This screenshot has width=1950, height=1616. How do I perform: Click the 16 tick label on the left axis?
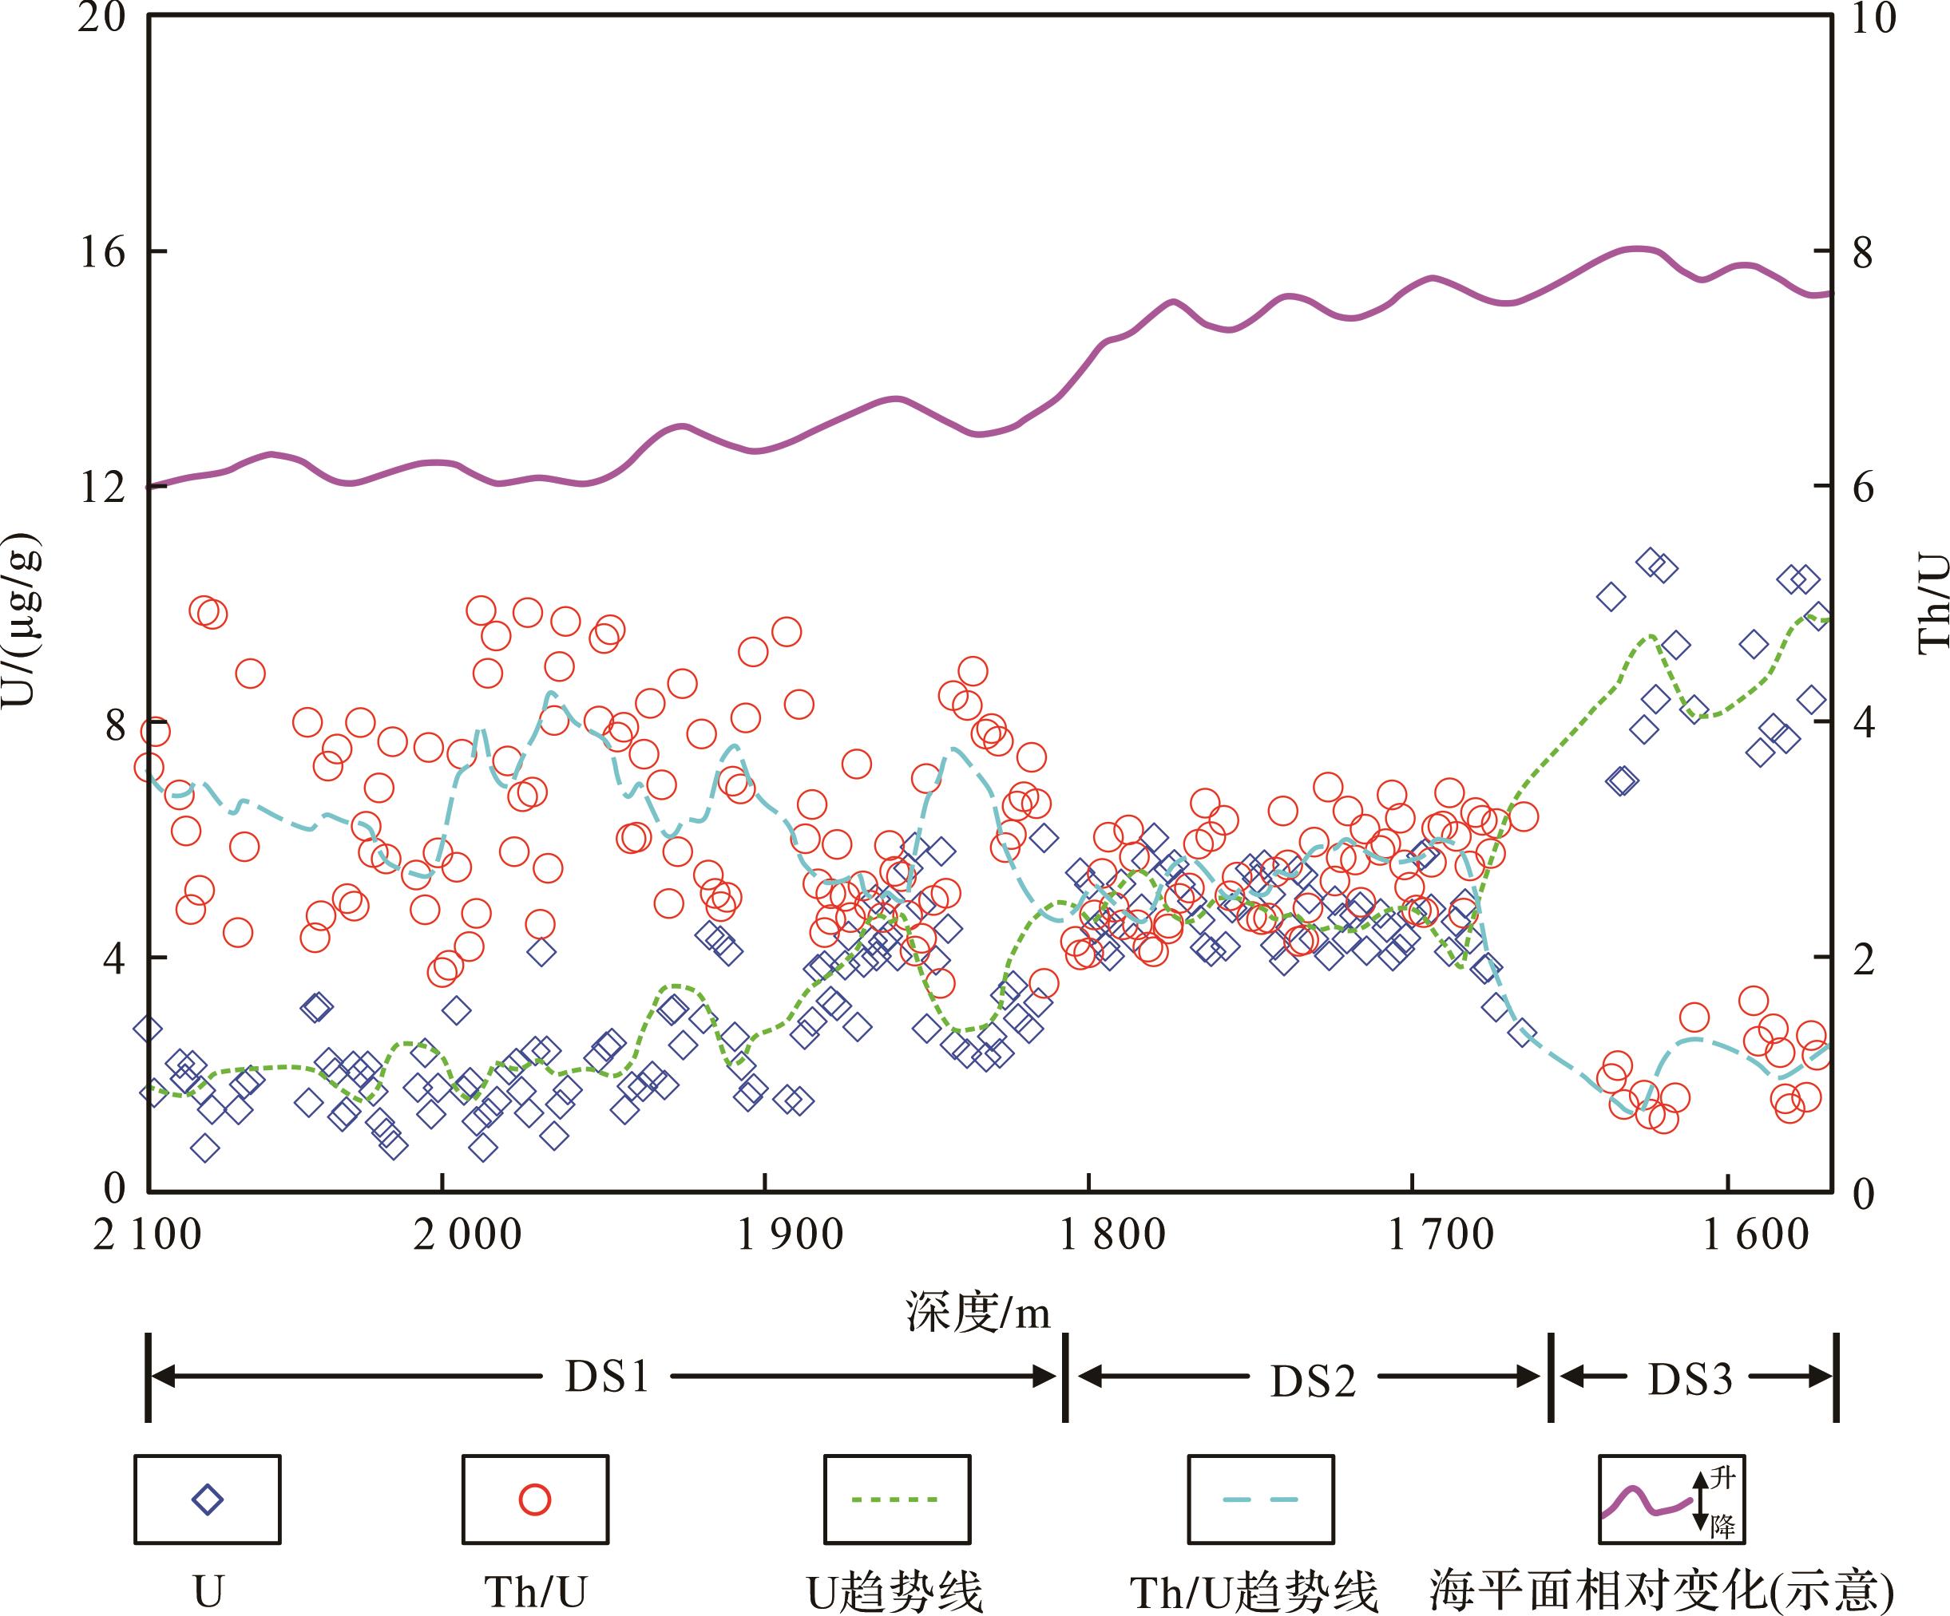click(101, 252)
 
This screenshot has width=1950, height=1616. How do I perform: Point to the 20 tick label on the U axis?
click(101, 18)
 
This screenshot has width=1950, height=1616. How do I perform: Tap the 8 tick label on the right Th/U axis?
click(1863, 255)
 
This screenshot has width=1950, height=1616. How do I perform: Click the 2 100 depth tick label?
click(148, 1235)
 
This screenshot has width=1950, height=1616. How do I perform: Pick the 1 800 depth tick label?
click(1112, 1235)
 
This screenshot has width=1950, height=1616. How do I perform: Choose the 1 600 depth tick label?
click(1755, 1235)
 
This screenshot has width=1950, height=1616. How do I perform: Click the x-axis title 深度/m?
click(977, 1314)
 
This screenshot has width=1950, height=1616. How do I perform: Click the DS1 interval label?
click(608, 1377)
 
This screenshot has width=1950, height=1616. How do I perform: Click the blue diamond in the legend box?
click(207, 1499)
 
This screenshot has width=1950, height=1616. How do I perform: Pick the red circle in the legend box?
click(535, 1499)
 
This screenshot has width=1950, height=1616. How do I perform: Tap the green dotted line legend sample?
click(895, 1499)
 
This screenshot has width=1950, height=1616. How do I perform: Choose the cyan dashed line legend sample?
click(1260, 1499)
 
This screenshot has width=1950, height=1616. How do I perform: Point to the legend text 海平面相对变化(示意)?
click(1661, 1591)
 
